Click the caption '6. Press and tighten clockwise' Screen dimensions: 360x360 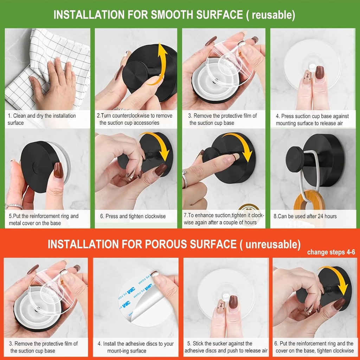click(x=133, y=216)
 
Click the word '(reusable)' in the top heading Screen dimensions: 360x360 click(x=273, y=15)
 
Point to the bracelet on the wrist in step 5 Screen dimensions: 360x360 click(x=14, y=206)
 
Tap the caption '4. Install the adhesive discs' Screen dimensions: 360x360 click(x=136, y=347)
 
